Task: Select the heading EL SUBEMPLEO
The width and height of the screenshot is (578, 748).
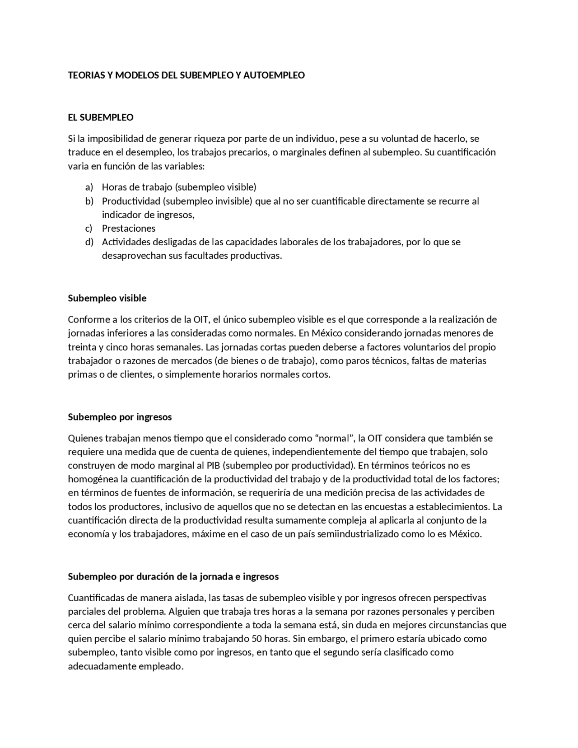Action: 100,117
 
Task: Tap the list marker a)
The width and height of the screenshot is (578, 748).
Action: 89,187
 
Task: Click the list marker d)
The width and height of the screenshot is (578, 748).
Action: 89,242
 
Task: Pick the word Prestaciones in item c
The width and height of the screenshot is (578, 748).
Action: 128,229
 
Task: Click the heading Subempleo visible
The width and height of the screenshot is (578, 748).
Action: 107,298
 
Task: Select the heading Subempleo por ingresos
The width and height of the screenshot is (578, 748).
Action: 120,417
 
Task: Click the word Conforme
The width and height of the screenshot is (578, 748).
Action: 87,320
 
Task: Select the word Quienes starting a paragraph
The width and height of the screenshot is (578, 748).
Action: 85,438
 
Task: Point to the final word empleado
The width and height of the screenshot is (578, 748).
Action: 161,667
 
